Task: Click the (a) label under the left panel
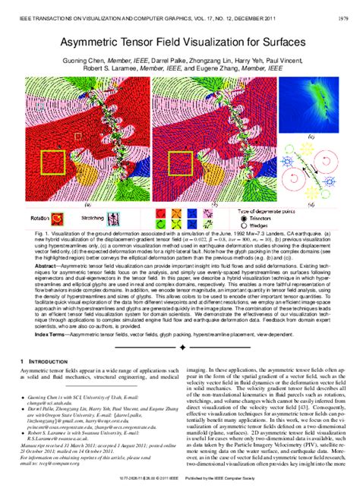coord(88,204)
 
